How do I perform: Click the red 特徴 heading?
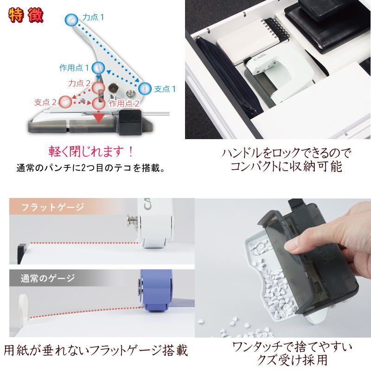26,15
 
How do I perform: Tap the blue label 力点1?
93,17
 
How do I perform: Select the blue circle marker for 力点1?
71,20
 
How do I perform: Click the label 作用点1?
74,68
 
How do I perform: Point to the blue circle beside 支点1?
145,89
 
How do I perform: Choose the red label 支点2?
45,102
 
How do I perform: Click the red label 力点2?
79,83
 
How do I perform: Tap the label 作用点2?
124,103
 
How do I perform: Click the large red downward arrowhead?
99,118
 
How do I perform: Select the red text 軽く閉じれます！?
91,152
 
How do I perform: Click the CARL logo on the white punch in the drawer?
260,57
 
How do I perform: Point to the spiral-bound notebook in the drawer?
253,41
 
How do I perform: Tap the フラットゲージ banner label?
52,207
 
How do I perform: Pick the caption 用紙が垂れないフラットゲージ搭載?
96,351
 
